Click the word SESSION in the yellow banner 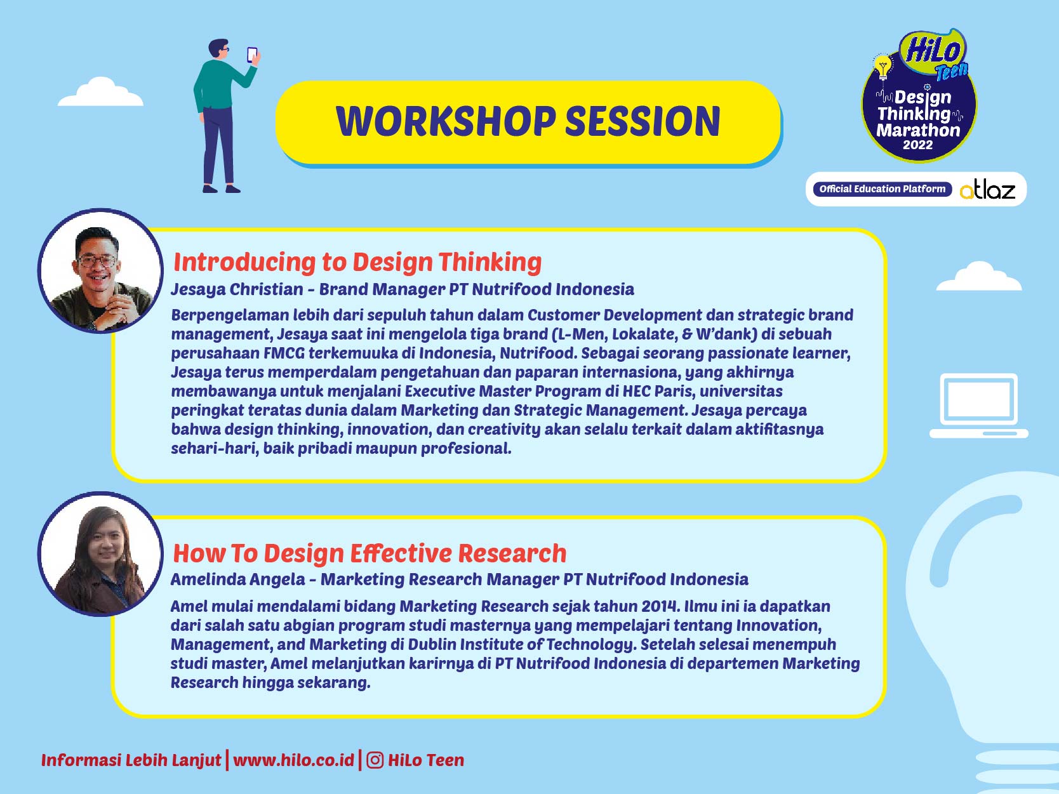click(x=643, y=121)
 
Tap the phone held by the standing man click(x=252, y=55)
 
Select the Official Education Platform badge click(x=882, y=189)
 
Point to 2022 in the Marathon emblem click(x=918, y=145)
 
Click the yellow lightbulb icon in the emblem click(x=883, y=66)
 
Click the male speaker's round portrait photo click(x=100, y=272)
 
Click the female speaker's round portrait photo click(x=100, y=553)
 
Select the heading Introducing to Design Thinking click(x=357, y=262)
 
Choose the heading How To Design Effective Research click(x=370, y=553)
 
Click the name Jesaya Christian click(x=237, y=289)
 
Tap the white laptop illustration click(x=978, y=406)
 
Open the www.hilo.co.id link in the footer click(x=293, y=760)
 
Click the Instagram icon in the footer click(x=375, y=760)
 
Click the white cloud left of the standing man click(x=100, y=93)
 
